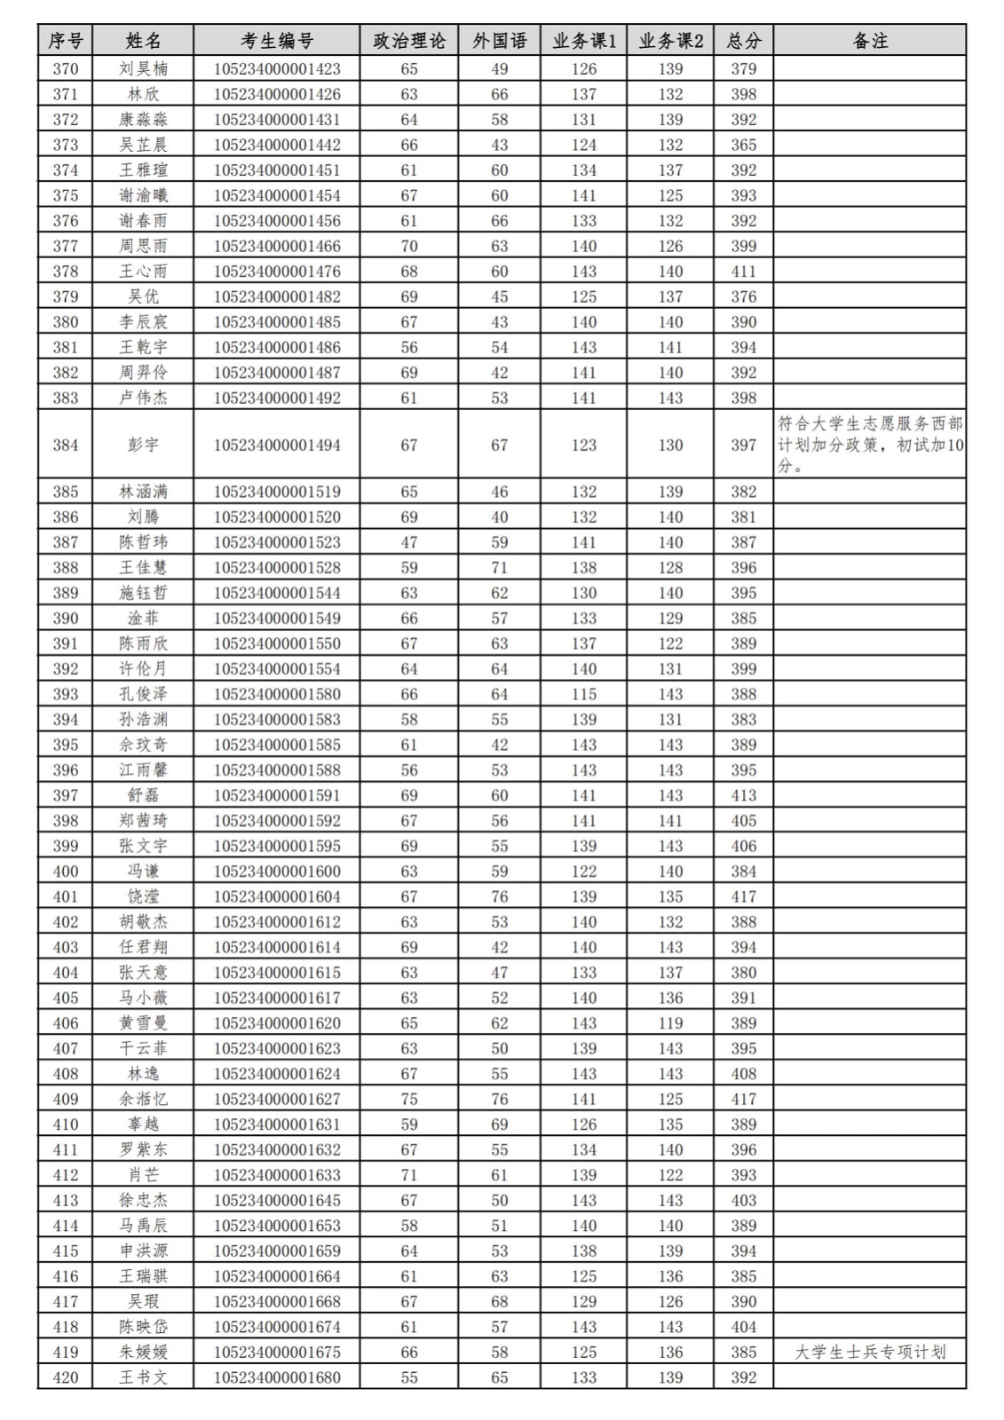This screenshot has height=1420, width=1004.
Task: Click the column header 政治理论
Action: pyautogui.click(x=409, y=41)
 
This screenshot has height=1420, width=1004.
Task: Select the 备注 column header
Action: pyautogui.click(x=869, y=41)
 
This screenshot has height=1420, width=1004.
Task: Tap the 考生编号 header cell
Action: pyautogui.click(x=277, y=41)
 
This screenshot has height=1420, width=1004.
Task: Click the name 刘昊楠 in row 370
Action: pyautogui.click(x=143, y=69)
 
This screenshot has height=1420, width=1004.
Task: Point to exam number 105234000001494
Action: pyautogui.click(x=277, y=445)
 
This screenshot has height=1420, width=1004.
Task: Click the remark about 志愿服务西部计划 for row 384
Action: pyautogui.click(x=869, y=445)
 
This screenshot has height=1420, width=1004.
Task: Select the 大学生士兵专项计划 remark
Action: pyautogui.click(x=869, y=1352)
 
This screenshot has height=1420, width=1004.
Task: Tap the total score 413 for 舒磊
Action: pyautogui.click(x=743, y=795)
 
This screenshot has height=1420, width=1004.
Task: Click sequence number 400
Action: pyautogui.click(x=65, y=872)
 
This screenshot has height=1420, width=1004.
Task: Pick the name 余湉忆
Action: pyautogui.click(x=143, y=1099)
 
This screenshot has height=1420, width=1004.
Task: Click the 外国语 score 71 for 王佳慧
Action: pyautogui.click(x=500, y=567)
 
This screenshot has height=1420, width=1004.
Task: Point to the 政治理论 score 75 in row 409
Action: pyautogui.click(x=409, y=1099)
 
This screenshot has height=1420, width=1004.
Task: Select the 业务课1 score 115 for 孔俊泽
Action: pyautogui.click(x=583, y=694)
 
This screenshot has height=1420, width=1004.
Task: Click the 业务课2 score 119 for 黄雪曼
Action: pyautogui.click(x=670, y=1023)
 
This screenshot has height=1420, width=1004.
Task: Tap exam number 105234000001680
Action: pyautogui.click(x=277, y=1377)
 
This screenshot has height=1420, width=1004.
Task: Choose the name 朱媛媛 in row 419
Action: pyautogui.click(x=143, y=1352)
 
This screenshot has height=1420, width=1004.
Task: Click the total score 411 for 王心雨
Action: pyautogui.click(x=743, y=272)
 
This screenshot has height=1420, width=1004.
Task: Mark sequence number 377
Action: pyautogui.click(x=65, y=246)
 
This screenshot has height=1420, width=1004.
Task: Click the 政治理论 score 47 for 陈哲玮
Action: pyautogui.click(x=409, y=542)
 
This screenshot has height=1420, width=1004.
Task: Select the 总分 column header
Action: pyautogui.click(x=743, y=41)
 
